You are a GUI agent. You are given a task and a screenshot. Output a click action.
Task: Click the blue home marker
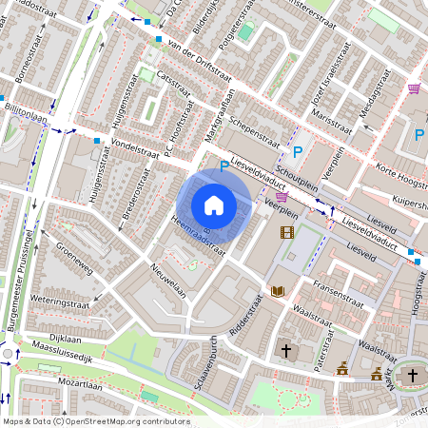click(x=214, y=204)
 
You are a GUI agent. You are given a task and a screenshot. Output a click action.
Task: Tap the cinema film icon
click(x=286, y=231)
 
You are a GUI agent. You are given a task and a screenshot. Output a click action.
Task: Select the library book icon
click(x=279, y=291)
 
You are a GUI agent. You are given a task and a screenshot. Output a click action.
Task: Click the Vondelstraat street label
click(x=134, y=149)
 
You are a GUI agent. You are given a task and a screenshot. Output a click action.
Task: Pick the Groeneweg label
click(x=73, y=254)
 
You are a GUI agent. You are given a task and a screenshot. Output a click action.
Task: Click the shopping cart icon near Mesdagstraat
click(x=414, y=88)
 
